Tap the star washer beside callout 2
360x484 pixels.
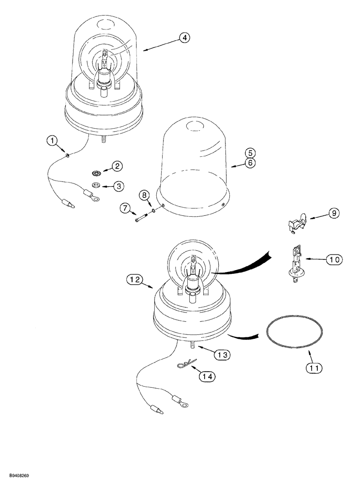96,173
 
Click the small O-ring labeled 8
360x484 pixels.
153,211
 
